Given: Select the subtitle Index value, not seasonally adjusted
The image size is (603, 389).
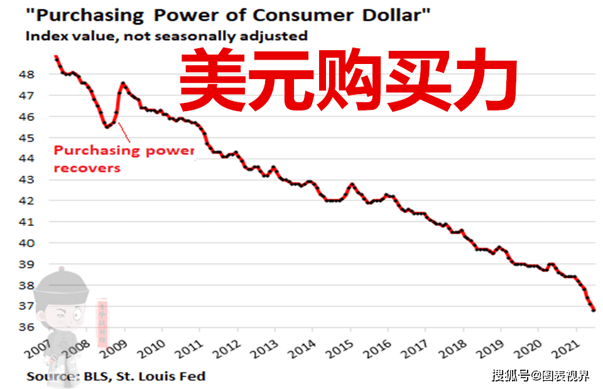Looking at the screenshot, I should [x=166, y=36].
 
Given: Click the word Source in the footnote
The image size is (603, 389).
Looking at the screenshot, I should [x=50, y=376].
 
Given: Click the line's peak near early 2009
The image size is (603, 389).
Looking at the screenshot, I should [x=122, y=83].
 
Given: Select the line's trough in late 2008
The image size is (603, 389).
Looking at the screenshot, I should [x=107, y=127].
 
